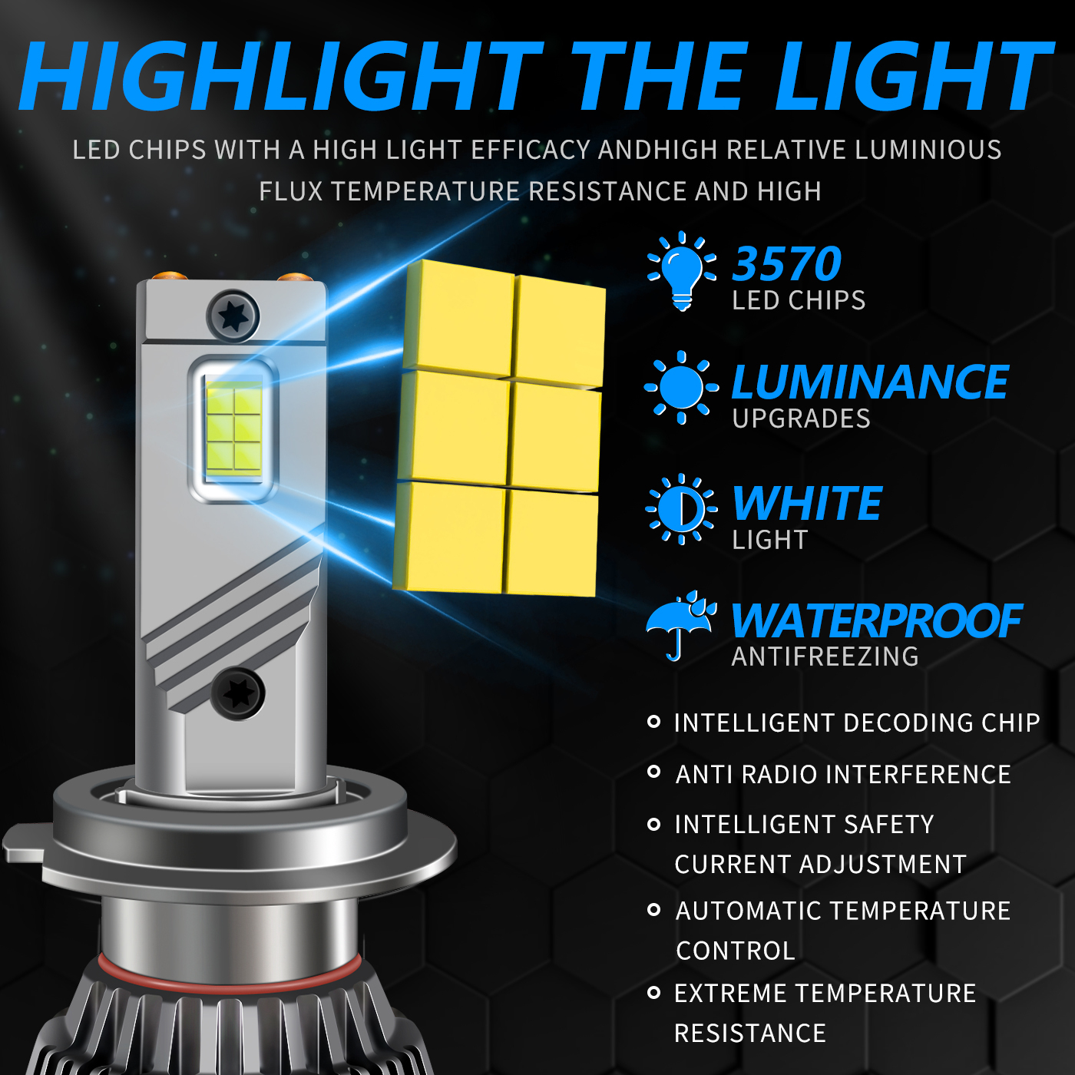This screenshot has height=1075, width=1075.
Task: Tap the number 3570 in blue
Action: point(786,264)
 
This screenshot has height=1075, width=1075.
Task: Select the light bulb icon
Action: point(682,270)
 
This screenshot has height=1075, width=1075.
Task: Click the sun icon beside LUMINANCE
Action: point(681,387)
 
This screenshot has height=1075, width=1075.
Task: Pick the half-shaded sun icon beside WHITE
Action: point(681,509)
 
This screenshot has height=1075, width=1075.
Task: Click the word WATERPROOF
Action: point(876,621)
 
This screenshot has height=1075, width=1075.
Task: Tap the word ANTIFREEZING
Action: point(825,657)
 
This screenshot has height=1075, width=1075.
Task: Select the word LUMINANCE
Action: point(870,382)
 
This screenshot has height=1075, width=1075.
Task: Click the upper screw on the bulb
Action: point(233,316)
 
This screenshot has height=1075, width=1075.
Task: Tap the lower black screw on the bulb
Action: point(237,693)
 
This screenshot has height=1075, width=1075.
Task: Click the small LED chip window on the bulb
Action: point(233,428)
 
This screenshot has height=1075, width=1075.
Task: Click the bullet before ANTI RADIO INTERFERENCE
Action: point(653,772)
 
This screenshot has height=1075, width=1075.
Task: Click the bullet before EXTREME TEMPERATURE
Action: point(653,993)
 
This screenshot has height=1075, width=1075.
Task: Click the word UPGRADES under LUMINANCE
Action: point(801,418)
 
